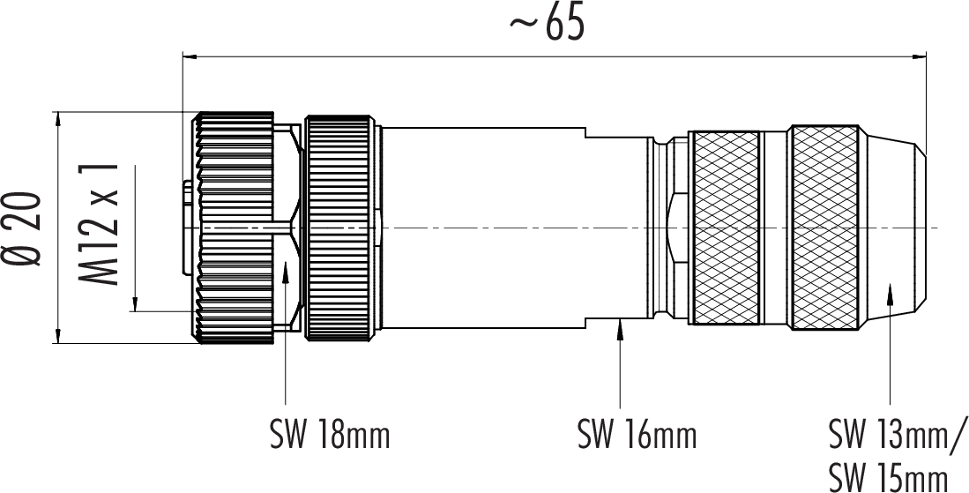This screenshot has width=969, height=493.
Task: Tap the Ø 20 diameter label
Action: pyautogui.click(x=26, y=227)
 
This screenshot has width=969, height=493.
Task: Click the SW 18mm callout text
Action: pyautogui.click(x=329, y=435)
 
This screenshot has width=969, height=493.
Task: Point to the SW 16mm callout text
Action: pyautogui.click(x=637, y=435)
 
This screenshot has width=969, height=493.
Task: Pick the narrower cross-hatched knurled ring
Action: pyautogui.click(x=724, y=228)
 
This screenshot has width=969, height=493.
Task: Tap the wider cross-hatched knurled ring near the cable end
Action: pyautogui.click(x=824, y=228)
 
